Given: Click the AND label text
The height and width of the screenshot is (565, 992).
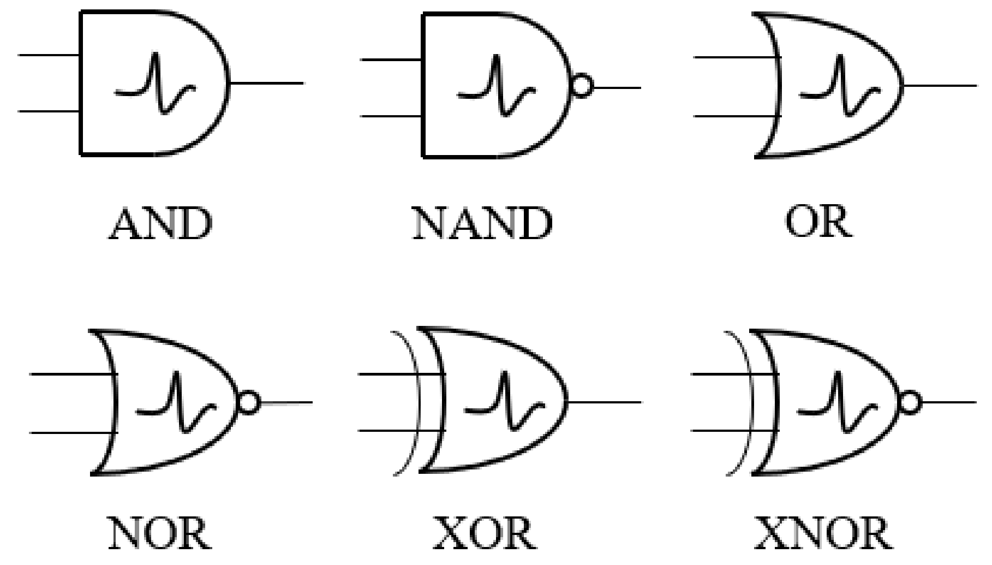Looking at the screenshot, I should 160,224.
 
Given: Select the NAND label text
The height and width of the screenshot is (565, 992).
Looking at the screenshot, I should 482,224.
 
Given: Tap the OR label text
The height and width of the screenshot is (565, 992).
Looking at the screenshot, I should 818,223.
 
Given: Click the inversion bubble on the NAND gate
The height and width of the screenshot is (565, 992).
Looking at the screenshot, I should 582,87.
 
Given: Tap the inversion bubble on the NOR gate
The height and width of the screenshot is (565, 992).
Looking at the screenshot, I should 248,402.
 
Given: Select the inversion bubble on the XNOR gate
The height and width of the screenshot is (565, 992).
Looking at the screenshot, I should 910,403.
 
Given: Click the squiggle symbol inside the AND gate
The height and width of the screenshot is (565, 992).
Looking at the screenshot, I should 155,84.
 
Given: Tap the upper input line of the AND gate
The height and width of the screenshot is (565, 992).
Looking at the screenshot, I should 49,55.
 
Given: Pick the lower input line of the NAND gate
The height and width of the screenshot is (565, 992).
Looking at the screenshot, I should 391,116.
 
